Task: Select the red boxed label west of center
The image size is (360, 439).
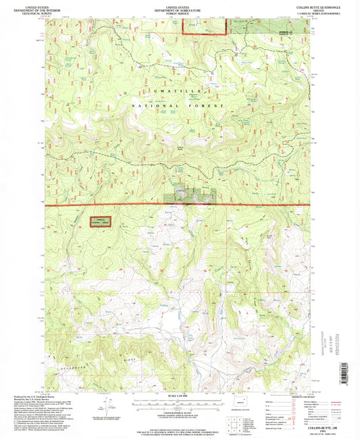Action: point(101,222)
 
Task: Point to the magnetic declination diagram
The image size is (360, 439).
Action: point(107,407)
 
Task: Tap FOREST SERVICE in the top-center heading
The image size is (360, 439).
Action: point(180,14)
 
